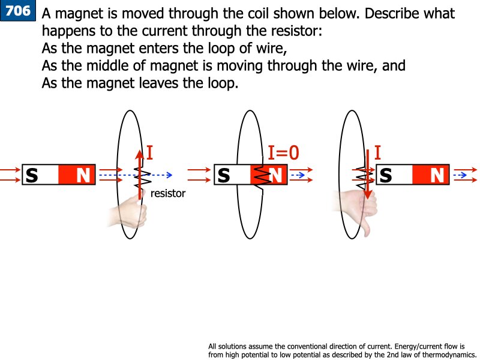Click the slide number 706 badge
click(x=18, y=11)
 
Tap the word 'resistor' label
click(x=168, y=194)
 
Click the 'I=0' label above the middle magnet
click(x=283, y=153)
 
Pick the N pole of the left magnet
click(x=83, y=175)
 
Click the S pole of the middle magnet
click(x=224, y=175)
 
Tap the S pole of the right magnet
click(x=386, y=175)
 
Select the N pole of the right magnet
click(x=437, y=175)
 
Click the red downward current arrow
click(x=367, y=180)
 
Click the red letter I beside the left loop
click(x=149, y=153)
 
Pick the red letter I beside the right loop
click(x=377, y=153)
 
